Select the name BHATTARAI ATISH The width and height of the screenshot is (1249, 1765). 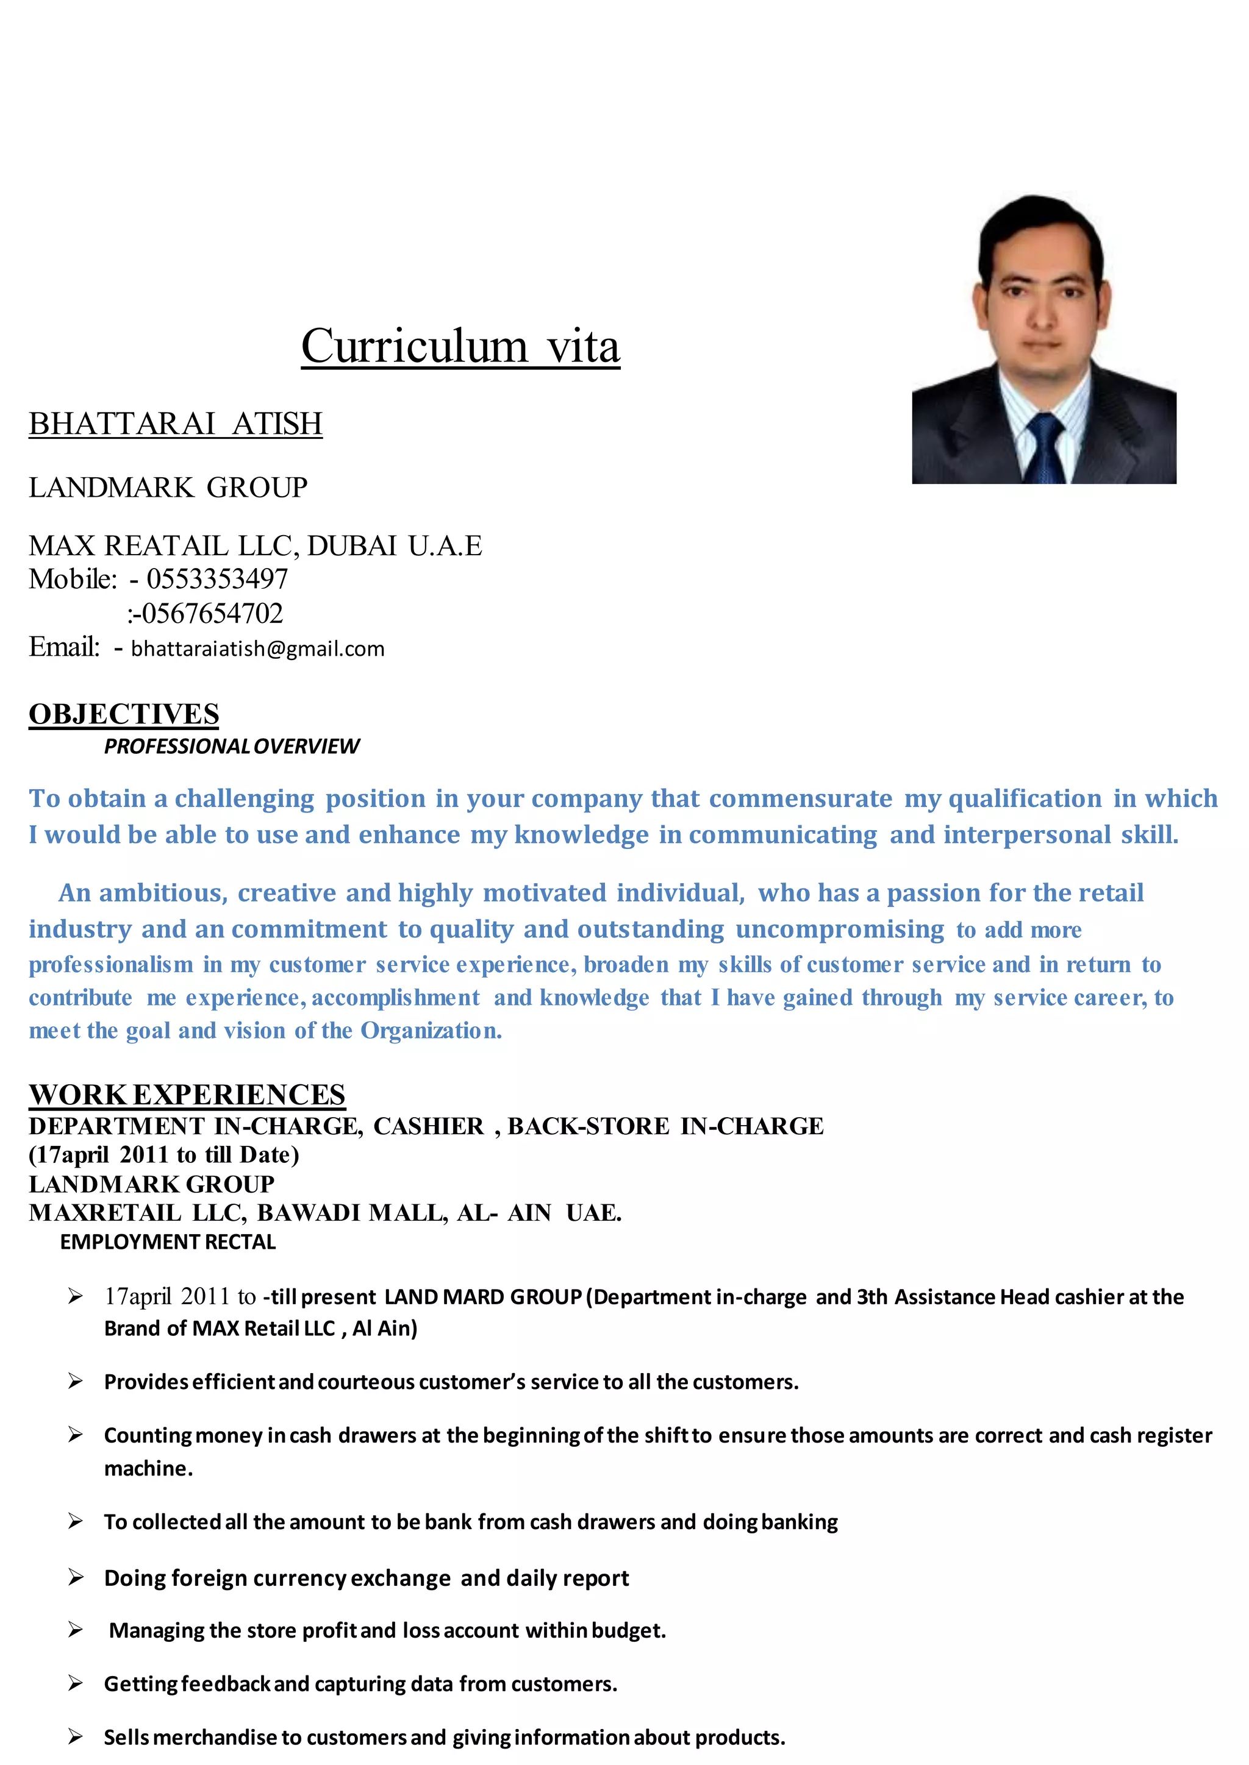coord(176,424)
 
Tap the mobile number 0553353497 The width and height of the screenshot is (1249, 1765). coord(217,579)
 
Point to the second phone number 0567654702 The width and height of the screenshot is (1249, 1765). coord(212,614)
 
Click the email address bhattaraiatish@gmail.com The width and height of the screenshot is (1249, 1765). coord(257,649)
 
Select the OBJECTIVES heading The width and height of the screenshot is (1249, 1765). coord(124,714)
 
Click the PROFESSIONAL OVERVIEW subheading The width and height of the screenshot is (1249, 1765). coord(232,747)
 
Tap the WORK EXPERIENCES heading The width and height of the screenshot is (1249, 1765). coord(187,1095)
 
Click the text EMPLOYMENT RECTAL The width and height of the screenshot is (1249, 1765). coord(168,1242)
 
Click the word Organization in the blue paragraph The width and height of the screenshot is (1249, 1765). coord(431,1031)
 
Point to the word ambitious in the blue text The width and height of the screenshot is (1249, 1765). coord(163,893)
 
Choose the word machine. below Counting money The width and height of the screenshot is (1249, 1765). coord(148,1469)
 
